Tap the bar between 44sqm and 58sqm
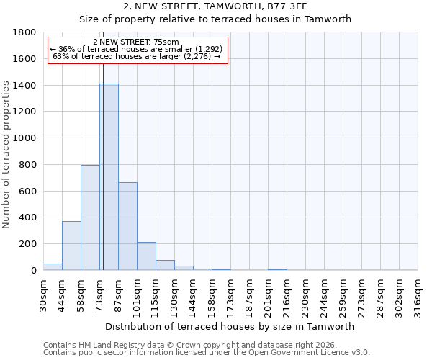point(71,246)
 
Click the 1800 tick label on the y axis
point(25,32)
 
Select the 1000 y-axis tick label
point(25,138)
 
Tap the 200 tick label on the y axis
point(28,244)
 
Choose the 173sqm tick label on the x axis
point(230,294)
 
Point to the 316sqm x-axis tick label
point(418,294)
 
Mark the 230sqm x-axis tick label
point(305,294)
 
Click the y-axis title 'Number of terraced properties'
point(7,155)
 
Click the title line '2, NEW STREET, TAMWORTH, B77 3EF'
point(215,6)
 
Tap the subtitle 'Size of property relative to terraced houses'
point(215,19)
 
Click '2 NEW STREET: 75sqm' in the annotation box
point(136,42)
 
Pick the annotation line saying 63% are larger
point(136,56)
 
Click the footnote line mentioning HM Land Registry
point(190,346)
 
